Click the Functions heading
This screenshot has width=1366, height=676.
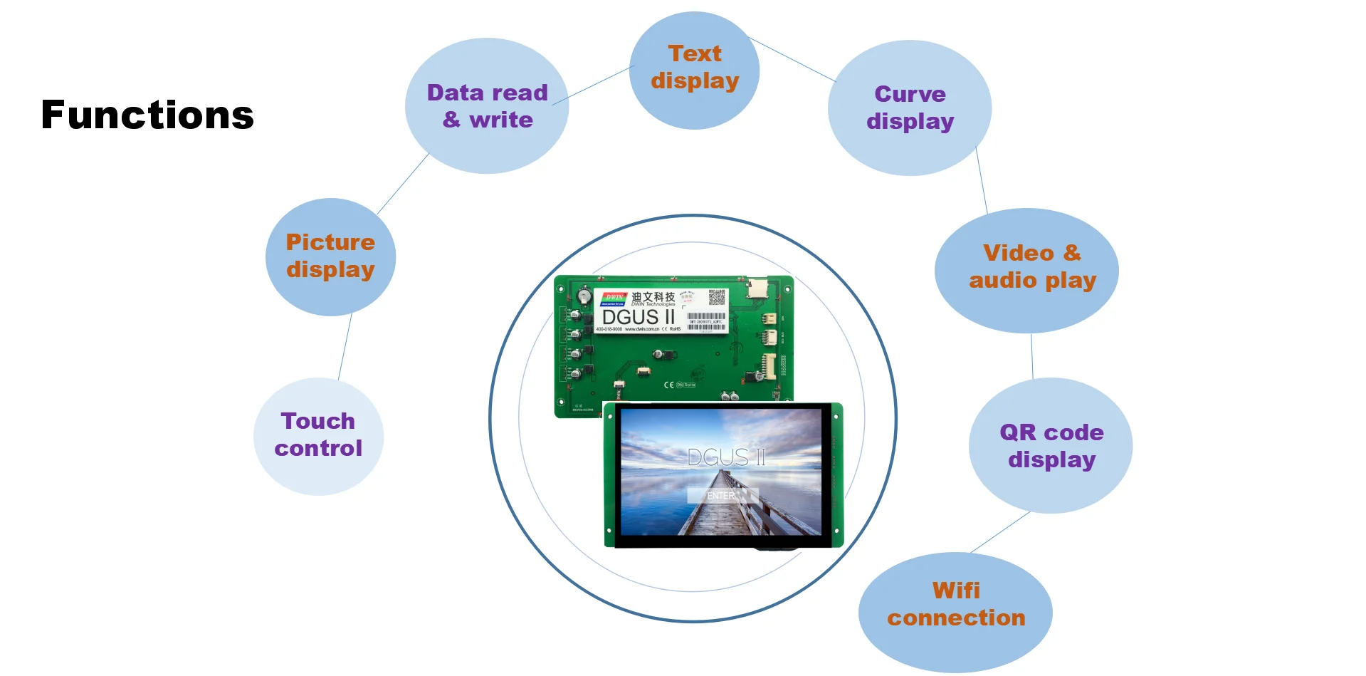point(147,115)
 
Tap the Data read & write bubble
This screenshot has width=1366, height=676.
point(487,106)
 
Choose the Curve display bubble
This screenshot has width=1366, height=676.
point(910,108)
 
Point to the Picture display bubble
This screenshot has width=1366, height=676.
point(330,256)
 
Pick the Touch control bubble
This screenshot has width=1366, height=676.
point(318,435)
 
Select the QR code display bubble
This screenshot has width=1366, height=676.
point(1051,446)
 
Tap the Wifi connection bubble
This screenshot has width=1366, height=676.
point(956,605)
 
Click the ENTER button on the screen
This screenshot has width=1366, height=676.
point(722,496)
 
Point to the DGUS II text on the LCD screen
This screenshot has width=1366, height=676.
point(727,457)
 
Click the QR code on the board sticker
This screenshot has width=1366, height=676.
point(717,298)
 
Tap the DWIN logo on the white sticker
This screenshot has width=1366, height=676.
point(614,298)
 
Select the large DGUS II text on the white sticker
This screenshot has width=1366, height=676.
point(638,316)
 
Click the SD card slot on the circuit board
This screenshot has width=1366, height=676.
point(757,288)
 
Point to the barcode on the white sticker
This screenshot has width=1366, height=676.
point(707,316)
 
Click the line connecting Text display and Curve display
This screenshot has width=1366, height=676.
point(792,60)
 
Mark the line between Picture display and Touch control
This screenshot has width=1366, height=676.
point(345,348)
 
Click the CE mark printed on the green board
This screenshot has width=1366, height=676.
point(668,385)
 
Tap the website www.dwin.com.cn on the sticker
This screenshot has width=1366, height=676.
point(642,329)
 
